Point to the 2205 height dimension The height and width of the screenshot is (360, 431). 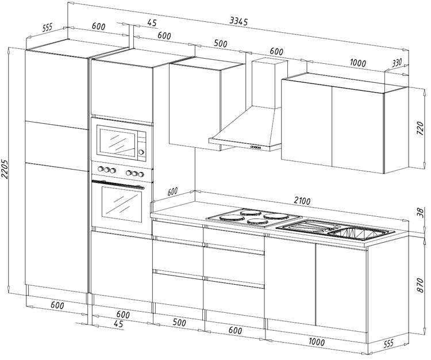point(5,169)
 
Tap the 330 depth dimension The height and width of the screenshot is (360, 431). point(397,63)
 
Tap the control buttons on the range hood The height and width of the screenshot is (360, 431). point(257,147)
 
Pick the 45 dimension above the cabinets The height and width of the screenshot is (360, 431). point(152,23)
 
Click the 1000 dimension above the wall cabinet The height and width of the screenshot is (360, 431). point(357,63)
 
